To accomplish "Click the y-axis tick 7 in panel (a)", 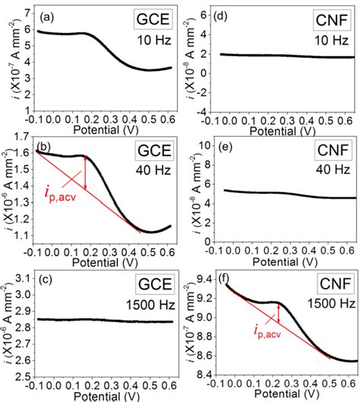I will [30, 12].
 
